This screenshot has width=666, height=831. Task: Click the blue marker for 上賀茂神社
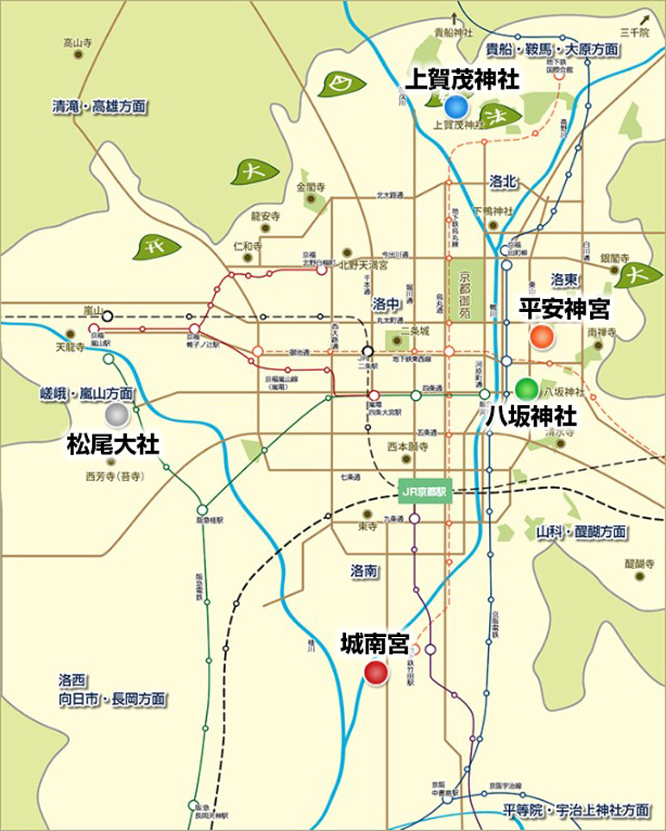456,107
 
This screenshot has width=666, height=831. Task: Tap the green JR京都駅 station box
426,493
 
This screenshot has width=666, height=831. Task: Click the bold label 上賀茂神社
462,80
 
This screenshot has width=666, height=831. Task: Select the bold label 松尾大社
113,445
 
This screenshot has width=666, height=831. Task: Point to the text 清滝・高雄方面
98,108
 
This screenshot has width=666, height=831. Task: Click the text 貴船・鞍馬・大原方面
552,49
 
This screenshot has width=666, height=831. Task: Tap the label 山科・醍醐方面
581,532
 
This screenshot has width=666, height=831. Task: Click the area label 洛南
365,571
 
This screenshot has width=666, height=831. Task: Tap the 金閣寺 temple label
310,186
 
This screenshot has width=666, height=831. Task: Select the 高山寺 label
79,42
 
